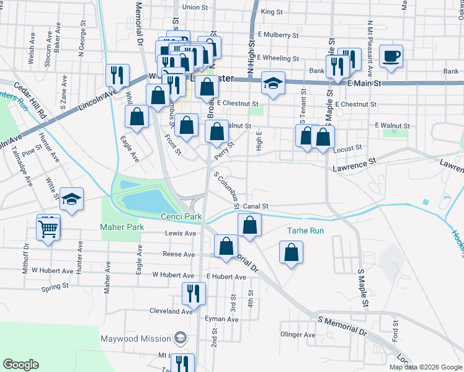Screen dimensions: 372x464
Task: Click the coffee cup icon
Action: [390, 56]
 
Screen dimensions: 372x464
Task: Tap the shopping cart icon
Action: [48, 228]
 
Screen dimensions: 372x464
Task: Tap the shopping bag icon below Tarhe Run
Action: [291, 252]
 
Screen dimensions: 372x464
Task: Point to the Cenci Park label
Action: [182, 216]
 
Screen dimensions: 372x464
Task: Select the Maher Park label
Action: [122, 227]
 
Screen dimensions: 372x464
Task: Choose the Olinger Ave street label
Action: [294, 335]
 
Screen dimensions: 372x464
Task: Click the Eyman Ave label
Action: [223, 319]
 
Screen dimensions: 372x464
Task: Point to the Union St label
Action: [194, 7]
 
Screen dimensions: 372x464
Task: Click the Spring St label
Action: [55, 286]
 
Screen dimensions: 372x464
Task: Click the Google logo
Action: [20, 365]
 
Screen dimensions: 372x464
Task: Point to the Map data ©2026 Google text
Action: [426, 367]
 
